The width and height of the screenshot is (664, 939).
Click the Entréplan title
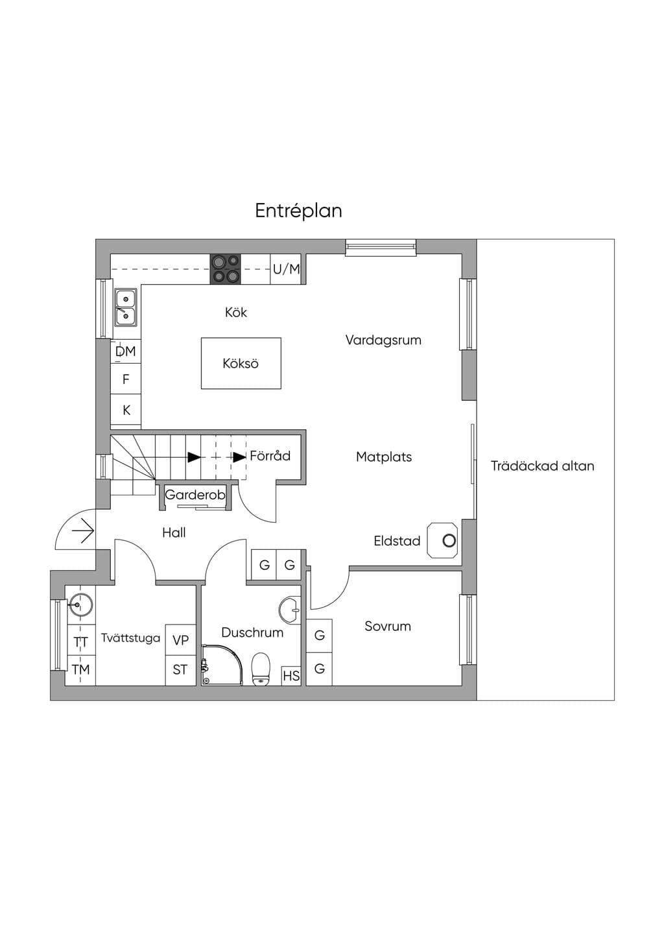(298, 211)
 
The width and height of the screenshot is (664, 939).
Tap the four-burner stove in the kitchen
(226, 268)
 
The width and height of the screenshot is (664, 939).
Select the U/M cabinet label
(287, 268)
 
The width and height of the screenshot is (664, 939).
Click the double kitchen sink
(126, 307)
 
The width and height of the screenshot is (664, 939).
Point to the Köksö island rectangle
(241, 363)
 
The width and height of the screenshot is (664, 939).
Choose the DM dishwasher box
(126, 351)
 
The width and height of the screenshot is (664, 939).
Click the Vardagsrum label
(383, 340)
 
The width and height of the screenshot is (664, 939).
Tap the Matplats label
(384, 457)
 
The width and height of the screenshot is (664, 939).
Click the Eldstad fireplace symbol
(442, 540)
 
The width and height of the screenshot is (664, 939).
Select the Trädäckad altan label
(543, 466)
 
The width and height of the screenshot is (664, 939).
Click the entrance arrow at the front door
(82, 531)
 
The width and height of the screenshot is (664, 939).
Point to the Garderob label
(195, 495)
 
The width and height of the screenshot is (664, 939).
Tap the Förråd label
(270, 455)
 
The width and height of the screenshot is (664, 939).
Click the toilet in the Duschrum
(261, 669)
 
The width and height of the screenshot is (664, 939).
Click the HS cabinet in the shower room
(291, 676)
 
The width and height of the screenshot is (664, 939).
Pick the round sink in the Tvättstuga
(80, 605)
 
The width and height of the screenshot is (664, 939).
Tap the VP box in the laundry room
(181, 639)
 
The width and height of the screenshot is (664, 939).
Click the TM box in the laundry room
(81, 670)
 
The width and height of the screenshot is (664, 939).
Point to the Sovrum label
(388, 626)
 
